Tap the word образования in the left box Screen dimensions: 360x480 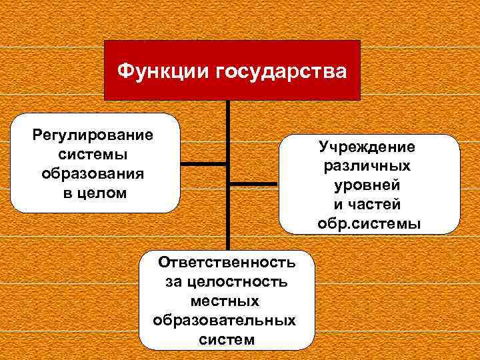pos(93,173)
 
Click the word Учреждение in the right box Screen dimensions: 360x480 pos(367,145)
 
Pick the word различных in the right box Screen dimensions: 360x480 pos(367,165)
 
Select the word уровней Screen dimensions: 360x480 pos(367,184)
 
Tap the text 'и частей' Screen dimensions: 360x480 pos(367,203)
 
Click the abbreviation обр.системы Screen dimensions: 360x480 pos(369,223)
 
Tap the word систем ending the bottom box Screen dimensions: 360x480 pos(227,339)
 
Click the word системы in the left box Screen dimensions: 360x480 pos(93,154)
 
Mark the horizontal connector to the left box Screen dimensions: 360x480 pos(204,163)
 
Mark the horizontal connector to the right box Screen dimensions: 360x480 pos(254,183)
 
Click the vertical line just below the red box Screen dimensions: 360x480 pos(228,113)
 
